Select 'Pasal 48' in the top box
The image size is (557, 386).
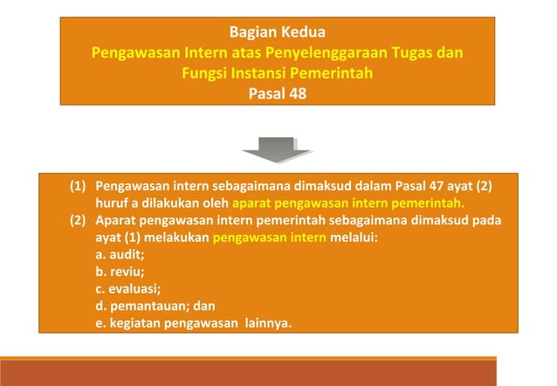tap(278, 92)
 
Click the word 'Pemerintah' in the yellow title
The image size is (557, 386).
tap(333, 72)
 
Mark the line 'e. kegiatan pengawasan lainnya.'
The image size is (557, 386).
tap(194, 324)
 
